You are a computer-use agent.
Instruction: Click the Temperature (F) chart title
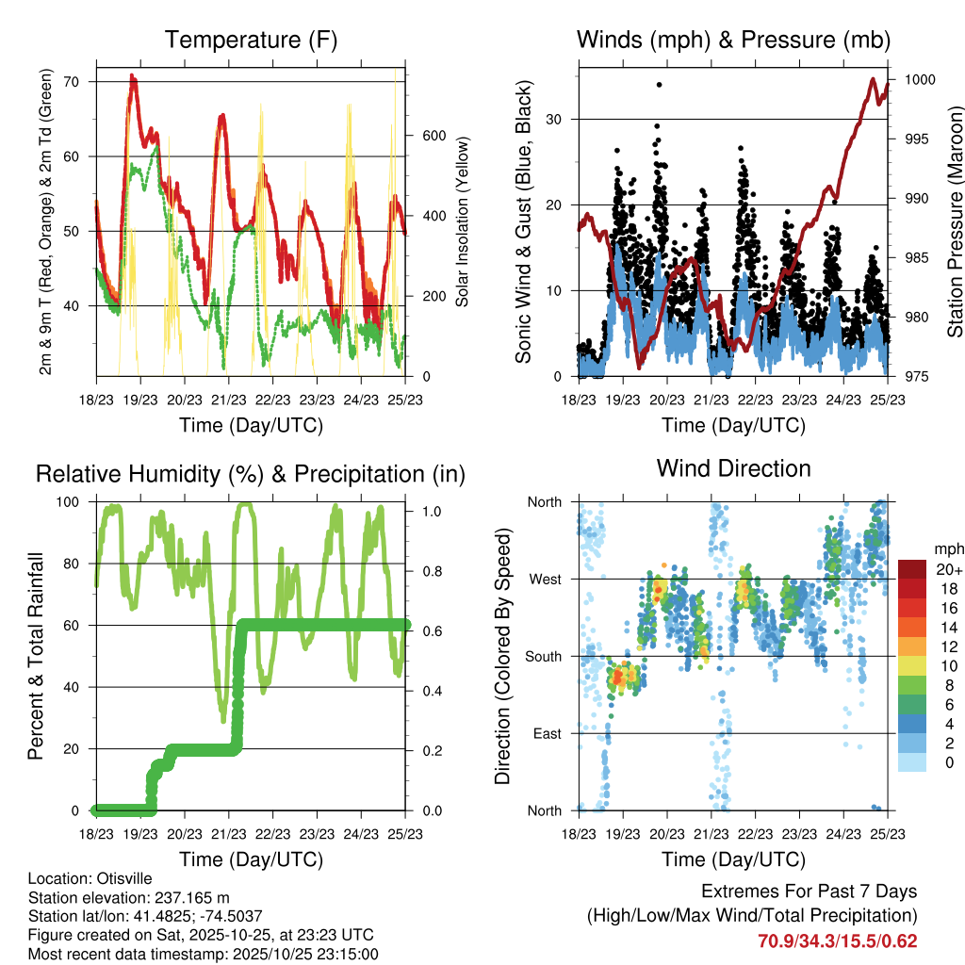[x=251, y=41]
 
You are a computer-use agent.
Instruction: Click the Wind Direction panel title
[x=733, y=467]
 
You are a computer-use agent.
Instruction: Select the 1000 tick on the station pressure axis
[x=918, y=80]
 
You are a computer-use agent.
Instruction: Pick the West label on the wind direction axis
[x=545, y=580]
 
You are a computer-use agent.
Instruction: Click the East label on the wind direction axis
[x=546, y=734]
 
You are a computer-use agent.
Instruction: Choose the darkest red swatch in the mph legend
[x=913, y=568]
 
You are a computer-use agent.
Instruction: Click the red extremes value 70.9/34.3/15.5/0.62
[x=838, y=940]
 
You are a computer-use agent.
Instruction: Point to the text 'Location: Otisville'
[x=90, y=878]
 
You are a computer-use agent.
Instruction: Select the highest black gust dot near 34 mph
[x=660, y=85]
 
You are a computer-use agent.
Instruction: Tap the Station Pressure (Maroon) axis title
[x=955, y=222]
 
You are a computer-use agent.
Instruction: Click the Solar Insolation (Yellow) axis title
[x=463, y=222]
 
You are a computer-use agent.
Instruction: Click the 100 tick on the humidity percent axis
[x=73, y=502]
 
